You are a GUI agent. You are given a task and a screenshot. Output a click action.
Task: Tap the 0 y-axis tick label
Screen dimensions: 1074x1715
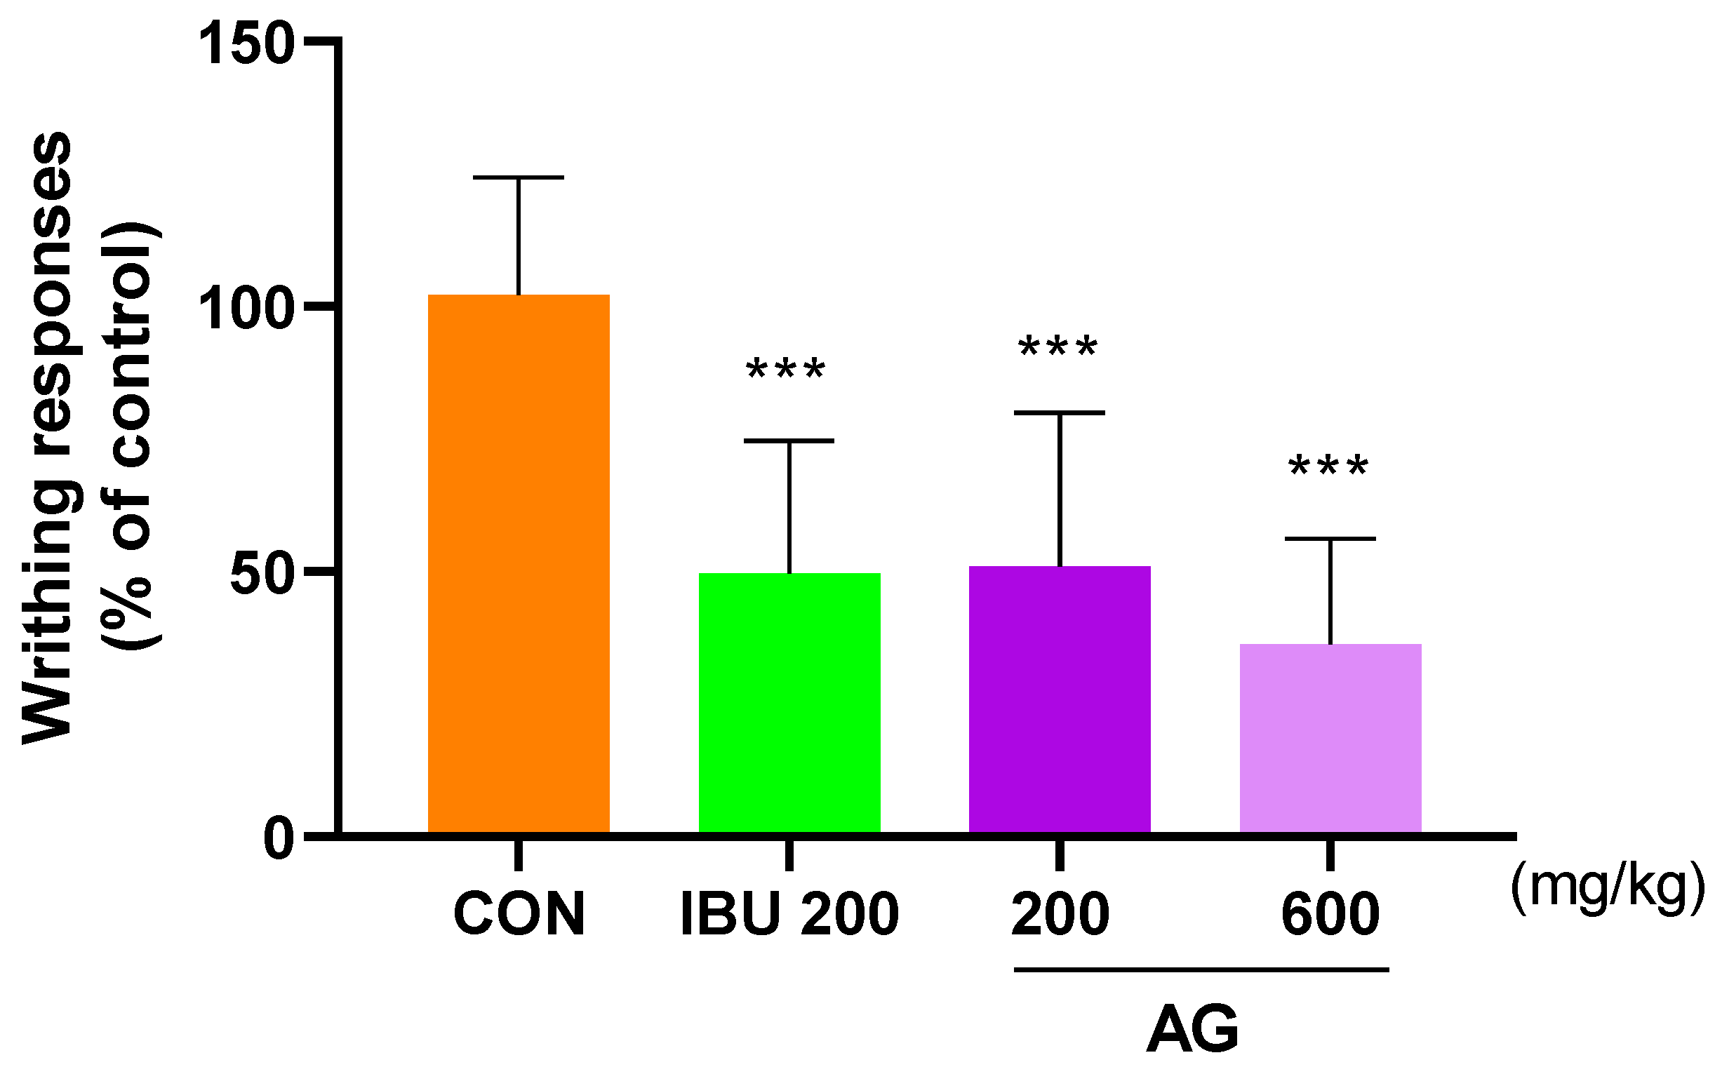279,839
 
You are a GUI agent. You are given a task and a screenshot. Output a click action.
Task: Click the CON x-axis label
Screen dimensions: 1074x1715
519,914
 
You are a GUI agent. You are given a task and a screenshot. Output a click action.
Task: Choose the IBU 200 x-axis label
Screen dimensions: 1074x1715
789,914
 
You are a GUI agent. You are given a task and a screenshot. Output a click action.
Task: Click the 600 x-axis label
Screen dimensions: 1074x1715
1330,914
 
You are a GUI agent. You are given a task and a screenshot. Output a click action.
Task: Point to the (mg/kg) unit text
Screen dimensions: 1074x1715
1608,887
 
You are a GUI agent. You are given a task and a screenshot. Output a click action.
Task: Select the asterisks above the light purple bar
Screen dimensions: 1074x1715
1328,468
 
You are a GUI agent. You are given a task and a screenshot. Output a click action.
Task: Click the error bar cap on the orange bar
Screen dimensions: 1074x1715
518,177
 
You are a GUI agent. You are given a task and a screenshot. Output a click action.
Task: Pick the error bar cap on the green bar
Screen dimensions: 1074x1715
789,441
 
